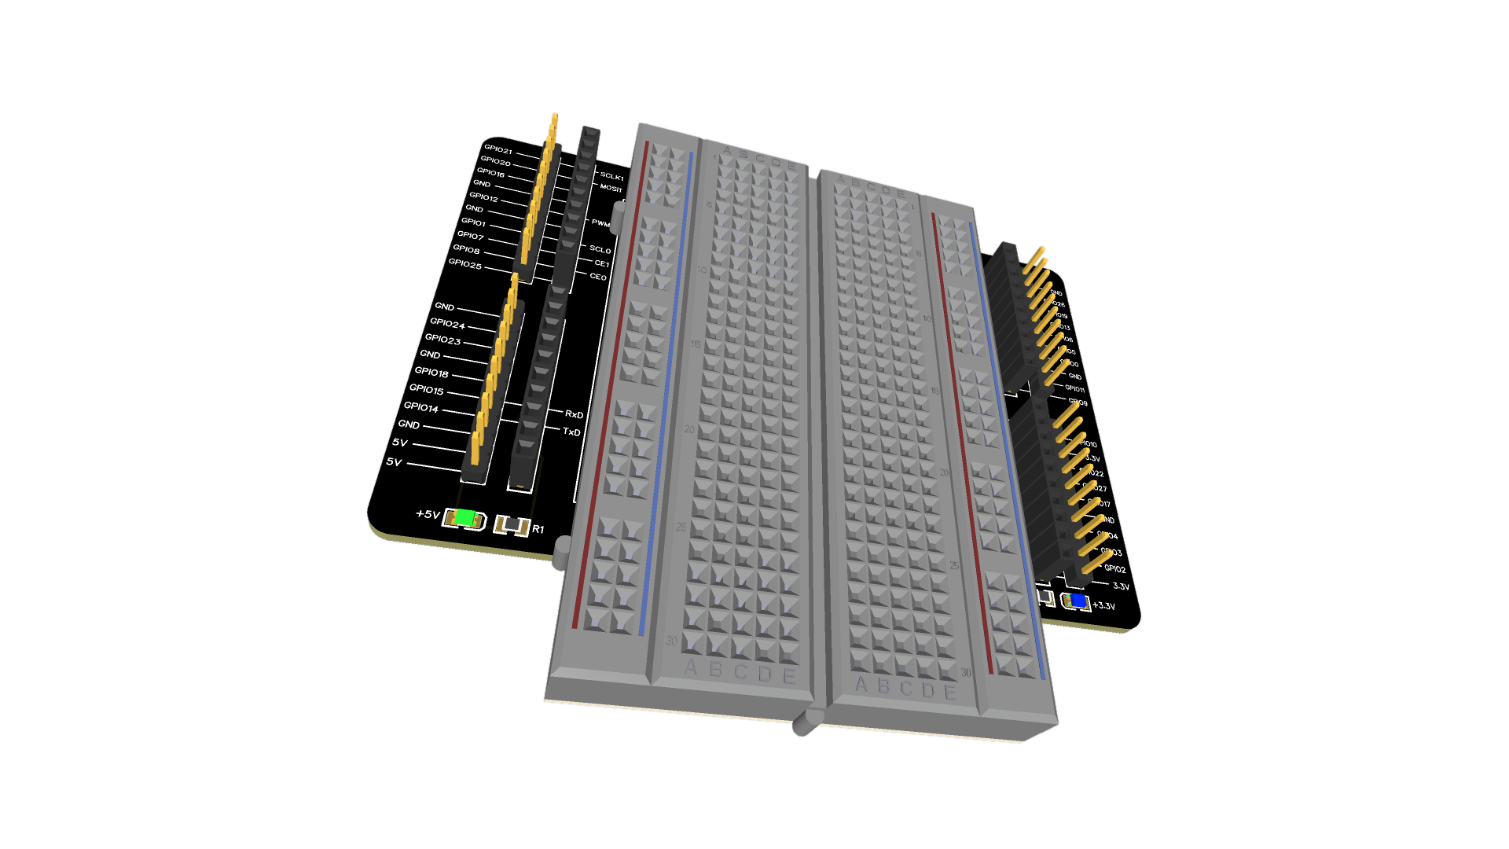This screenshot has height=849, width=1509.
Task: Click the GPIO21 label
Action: pyautogui.click(x=497, y=149)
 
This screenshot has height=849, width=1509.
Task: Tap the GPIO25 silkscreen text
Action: pyautogui.click(x=464, y=264)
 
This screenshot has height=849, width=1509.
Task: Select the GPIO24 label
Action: pyautogui.click(x=447, y=324)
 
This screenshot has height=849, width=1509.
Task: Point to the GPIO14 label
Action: pyautogui.click(x=420, y=407)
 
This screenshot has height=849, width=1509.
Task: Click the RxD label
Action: pyautogui.click(x=574, y=414)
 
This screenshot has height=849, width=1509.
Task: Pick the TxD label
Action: pyautogui.click(x=571, y=432)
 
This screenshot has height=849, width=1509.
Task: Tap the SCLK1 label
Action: pyautogui.click(x=611, y=176)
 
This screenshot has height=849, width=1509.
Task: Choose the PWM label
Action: pyautogui.click(x=600, y=223)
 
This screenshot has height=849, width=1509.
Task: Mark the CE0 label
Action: pyautogui.click(x=598, y=277)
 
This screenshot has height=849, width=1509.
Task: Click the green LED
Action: pyautogui.click(x=465, y=518)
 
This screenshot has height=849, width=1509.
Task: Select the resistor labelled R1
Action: pyautogui.click(x=512, y=525)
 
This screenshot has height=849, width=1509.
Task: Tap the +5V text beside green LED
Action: pyautogui.click(x=428, y=514)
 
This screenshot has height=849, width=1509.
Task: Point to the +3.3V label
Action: pyautogui.click(x=1103, y=606)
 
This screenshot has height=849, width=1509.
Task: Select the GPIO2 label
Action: pyautogui.click(x=1114, y=568)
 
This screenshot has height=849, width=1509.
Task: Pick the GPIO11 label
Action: pyautogui.click(x=1074, y=388)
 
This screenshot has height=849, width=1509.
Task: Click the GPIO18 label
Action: pyautogui.click(x=431, y=372)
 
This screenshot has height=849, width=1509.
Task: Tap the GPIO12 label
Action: pyautogui.click(x=483, y=197)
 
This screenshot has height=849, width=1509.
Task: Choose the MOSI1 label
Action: pyautogui.click(x=611, y=188)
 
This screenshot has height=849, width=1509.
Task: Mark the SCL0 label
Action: pyautogui.click(x=600, y=249)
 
